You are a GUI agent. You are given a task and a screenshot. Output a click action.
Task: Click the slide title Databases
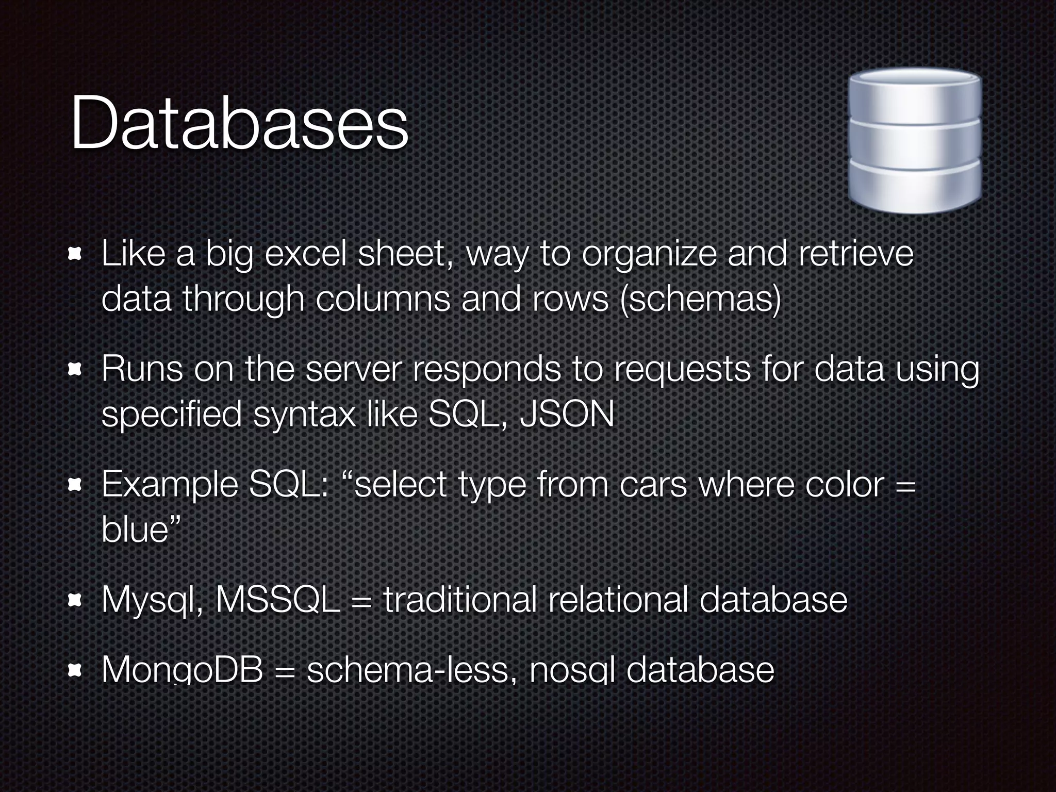point(239,124)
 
